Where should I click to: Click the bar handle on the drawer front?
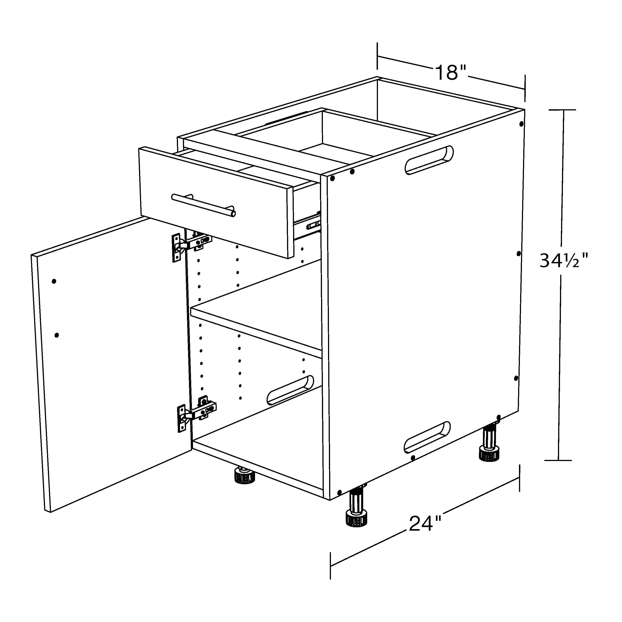pyautogui.click(x=204, y=205)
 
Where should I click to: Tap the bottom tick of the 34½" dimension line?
pyautogui.click(x=558, y=460)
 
